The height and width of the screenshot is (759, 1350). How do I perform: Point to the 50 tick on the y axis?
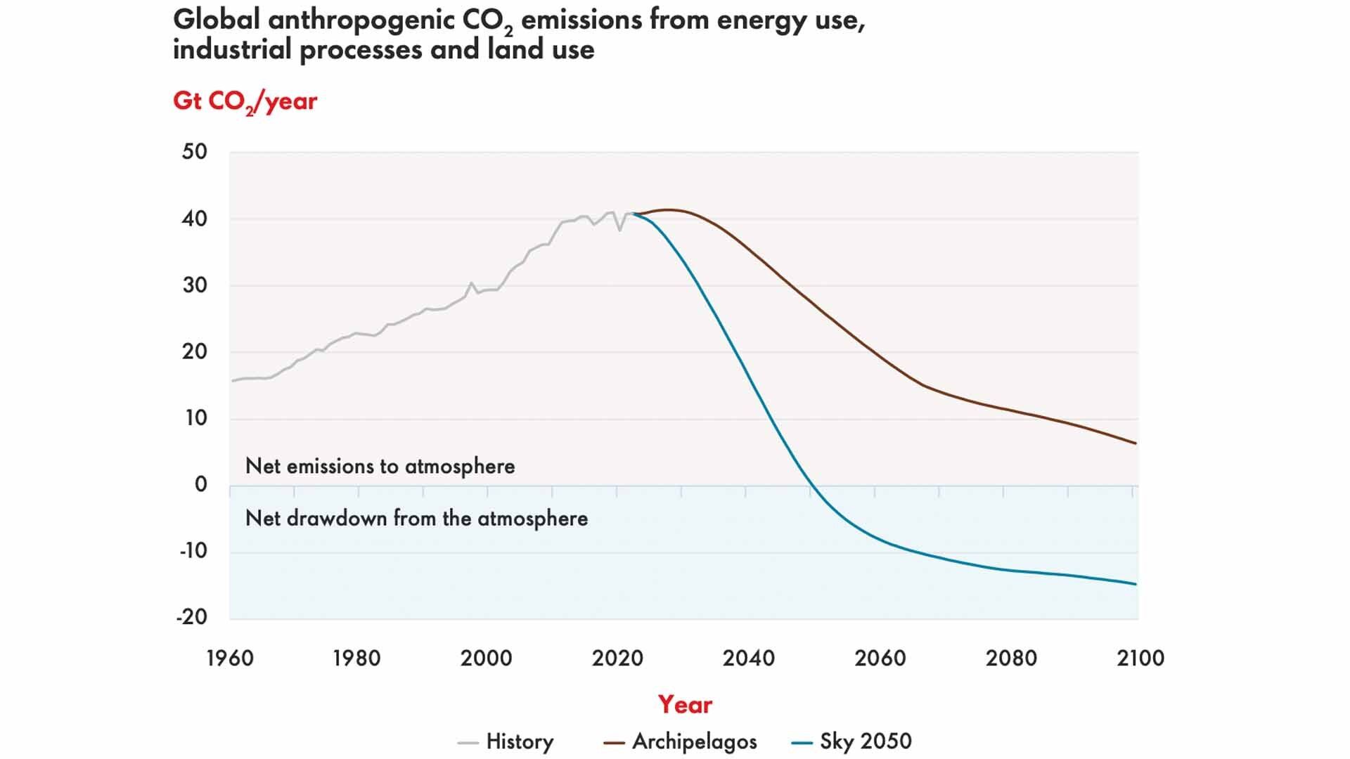[x=195, y=152]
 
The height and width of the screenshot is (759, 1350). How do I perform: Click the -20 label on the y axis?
[x=192, y=617]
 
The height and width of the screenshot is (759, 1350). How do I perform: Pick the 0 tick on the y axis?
[x=201, y=484]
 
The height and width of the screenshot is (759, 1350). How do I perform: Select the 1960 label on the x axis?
[x=230, y=659]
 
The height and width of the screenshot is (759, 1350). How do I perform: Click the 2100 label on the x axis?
[x=1140, y=659]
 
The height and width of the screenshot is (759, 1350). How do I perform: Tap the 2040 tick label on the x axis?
[x=749, y=659]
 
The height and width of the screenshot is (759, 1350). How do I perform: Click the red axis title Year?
[x=685, y=704]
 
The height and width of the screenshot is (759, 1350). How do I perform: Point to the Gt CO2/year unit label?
[x=245, y=102]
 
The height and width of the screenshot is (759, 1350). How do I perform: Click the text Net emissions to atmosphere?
[x=380, y=466]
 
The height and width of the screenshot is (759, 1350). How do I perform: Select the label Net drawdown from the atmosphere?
[x=416, y=519]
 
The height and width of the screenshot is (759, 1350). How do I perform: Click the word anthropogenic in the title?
[x=361, y=20]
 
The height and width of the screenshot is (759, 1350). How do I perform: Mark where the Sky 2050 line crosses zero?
[x=811, y=486]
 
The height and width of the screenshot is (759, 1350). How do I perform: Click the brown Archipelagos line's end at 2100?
[x=1136, y=443]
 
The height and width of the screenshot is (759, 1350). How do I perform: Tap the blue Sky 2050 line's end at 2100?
[x=1136, y=584]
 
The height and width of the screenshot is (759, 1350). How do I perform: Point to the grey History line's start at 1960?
[x=233, y=381]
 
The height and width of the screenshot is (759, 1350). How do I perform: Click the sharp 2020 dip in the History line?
[x=619, y=230]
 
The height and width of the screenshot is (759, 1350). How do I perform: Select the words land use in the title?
[x=541, y=50]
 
